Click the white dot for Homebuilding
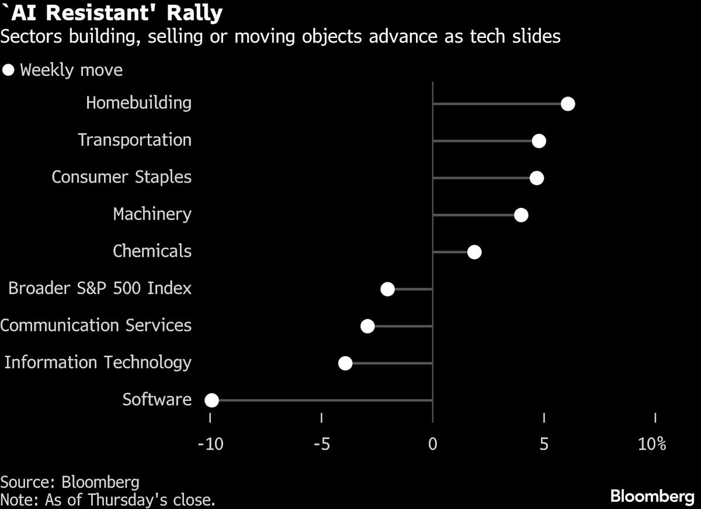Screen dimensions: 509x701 568,104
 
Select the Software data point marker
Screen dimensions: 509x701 211,400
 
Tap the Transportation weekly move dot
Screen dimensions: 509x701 539,141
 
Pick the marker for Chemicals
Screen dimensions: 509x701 474,252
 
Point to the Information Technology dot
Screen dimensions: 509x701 345,364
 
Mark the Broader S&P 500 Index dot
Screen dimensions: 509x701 387,290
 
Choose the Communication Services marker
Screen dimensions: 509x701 367,326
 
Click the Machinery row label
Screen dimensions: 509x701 152,214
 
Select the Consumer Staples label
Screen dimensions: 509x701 122,177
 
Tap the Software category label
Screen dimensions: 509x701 157,399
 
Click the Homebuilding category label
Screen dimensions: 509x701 138,103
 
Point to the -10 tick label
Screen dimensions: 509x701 210,444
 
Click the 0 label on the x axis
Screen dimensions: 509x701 432,444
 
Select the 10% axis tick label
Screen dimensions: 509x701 652,444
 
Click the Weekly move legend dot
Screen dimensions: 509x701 8,71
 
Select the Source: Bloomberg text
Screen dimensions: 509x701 70,482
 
